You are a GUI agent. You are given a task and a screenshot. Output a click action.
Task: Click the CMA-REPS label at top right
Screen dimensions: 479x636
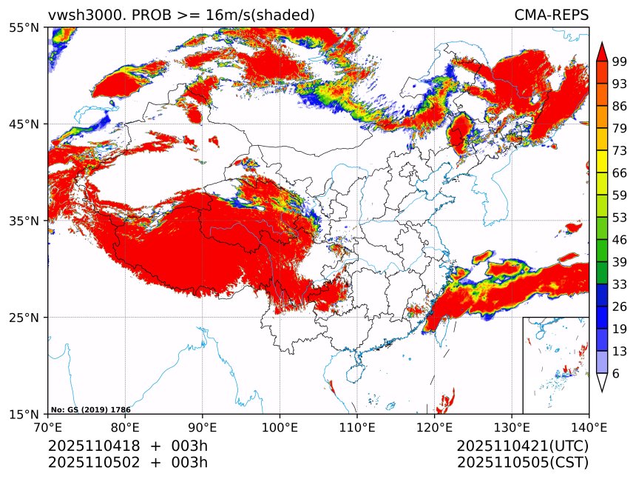551,15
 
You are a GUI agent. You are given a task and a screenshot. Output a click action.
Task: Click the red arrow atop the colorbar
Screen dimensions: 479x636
602,51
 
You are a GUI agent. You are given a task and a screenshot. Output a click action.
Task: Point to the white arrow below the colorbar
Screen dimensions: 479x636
602,383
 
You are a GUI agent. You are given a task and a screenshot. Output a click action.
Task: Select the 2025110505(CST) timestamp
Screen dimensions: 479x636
522,463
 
